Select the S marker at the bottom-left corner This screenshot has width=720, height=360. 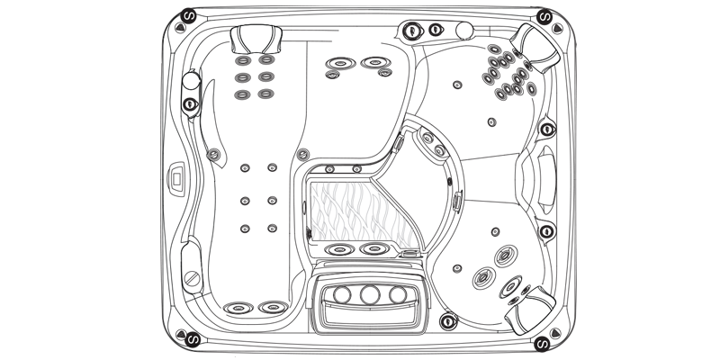[x=187, y=343]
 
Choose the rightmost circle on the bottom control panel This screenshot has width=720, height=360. [x=397, y=294]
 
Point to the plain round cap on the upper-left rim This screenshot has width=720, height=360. [x=190, y=82]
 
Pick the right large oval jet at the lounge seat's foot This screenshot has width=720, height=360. [x=269, y=308]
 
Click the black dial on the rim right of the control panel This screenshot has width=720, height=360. [x=446, y=320]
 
